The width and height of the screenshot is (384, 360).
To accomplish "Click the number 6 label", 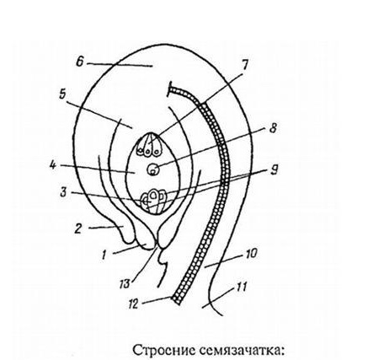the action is tap(80, 62).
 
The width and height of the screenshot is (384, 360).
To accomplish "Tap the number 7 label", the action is tap(244, 65).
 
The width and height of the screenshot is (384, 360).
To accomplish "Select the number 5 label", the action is tap(62, 94).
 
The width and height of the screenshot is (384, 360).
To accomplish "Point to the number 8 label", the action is tap(273, 128).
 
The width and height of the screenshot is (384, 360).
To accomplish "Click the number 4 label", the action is tap(52, 165).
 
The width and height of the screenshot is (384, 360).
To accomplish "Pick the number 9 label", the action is tap(275, 170).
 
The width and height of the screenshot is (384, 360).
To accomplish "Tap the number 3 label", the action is tap(63, 193).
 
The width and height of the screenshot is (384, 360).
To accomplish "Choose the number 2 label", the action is tap(78, 228).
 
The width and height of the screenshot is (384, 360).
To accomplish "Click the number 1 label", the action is tap(104, 255).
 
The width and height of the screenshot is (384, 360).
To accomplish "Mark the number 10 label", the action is tap(251, 254).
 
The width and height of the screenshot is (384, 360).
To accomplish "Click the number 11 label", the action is tap(241, 287).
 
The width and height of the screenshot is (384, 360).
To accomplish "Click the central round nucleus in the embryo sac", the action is tap(153, 169).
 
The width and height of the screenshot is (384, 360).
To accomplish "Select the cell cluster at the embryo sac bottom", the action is tap(154, 201).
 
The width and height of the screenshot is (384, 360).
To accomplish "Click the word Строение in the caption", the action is tap(164, 351).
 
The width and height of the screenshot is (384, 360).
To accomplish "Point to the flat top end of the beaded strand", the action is tap(169, 89).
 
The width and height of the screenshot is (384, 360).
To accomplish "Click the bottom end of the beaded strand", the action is tap(176, 300).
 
